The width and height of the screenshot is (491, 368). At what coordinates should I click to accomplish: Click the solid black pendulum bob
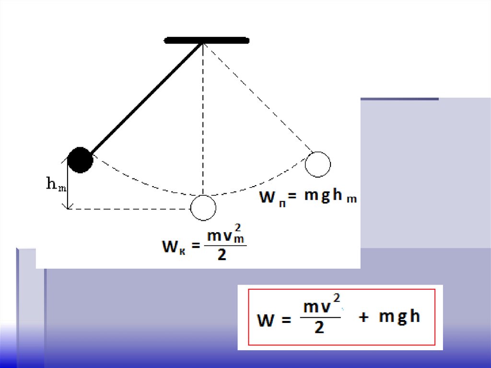pos(80,160)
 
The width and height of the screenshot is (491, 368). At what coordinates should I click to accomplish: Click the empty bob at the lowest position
pos(203,208)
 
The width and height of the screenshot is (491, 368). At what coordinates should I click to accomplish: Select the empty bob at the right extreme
pos(318,164)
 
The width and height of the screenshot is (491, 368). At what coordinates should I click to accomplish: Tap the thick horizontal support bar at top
pos(207,40)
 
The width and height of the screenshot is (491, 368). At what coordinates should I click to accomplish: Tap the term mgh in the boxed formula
pos(399,317)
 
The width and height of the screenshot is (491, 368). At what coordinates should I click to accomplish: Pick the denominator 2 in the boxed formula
pos(319,328)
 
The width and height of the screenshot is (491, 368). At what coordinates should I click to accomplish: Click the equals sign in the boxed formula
pos(286,320)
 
